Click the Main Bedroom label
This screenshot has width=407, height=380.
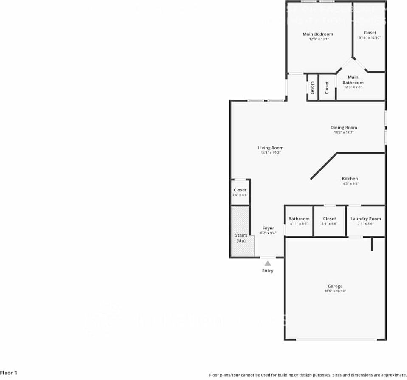click(318, 34)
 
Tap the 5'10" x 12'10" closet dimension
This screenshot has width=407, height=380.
click(370, 38)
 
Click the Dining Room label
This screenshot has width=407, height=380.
click(344, 127)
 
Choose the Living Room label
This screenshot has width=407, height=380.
click(271, 148)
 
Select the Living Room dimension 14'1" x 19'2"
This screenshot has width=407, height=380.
click(271, 153)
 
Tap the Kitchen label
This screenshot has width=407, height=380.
click(350, 179)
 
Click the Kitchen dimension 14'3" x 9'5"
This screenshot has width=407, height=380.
click(350, 184)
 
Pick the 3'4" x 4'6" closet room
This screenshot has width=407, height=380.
click(240, 192)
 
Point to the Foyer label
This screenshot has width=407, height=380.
click(268, 228)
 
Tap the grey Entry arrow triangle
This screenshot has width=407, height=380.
click(268, 263)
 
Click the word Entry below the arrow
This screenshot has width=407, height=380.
click(268, 271)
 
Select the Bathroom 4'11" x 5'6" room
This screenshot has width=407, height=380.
click(299, 221)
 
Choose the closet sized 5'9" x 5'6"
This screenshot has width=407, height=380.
click(330, 221)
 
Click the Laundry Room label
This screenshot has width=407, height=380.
click(365, 219)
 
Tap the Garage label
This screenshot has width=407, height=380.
click(335, 286)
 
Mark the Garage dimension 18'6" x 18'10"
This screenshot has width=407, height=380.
click(335, 291)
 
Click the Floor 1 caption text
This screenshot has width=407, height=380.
click(9, 373)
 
